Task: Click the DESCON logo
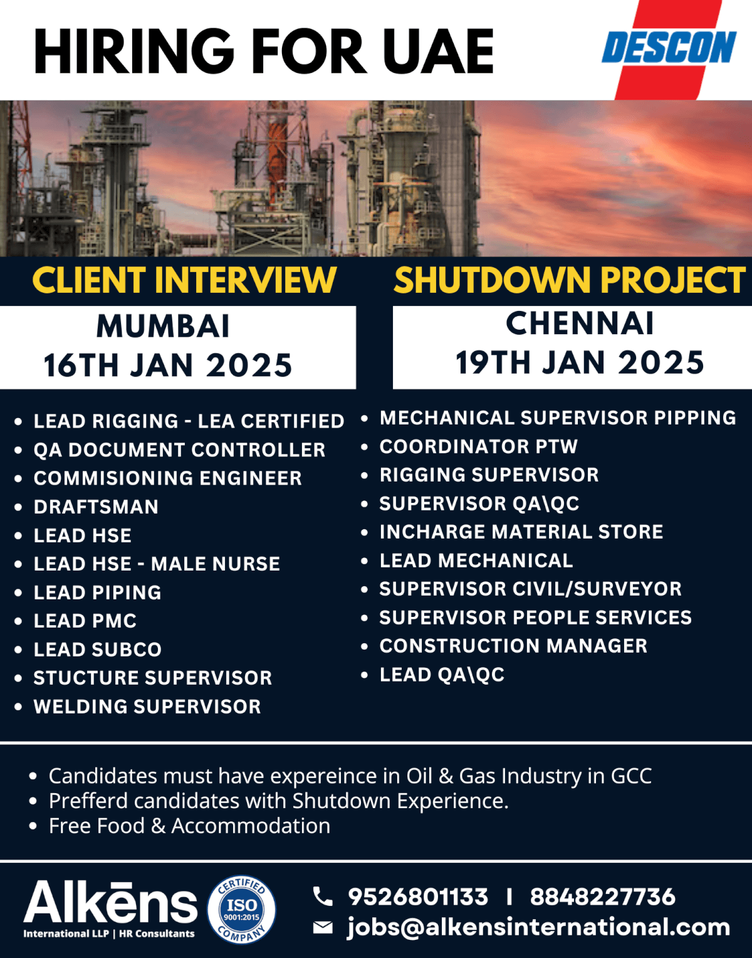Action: click(669, 48)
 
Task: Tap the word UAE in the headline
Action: click(438, 52)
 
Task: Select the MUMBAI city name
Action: click(163, 326)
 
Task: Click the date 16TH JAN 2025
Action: click(168, 366)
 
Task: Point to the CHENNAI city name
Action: click(580, 324)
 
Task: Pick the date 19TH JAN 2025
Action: click(580, 363)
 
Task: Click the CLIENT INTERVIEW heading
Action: click(184, 280)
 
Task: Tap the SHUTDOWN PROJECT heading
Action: click(569, 280)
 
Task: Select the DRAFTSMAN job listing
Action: click(96, 507)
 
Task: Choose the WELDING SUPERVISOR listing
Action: click(147, 707)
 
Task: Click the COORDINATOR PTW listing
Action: click(479, 446)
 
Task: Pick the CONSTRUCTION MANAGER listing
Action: click(513, 646)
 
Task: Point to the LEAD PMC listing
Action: click(85, 621)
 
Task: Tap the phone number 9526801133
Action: click(418, 897)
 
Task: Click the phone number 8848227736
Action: click(603, 897)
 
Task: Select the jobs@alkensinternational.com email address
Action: click(539, 927)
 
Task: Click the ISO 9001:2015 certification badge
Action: click(242, 909)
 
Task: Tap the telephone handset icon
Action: click(323, 897)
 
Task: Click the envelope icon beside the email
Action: click(323, 927)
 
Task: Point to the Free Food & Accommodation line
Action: click(189, 826)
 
